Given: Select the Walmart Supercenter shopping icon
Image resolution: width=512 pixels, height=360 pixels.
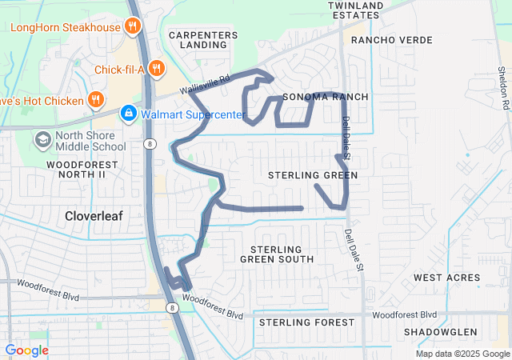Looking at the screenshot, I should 127,114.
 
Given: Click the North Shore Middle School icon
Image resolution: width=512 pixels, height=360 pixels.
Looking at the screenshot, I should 42,140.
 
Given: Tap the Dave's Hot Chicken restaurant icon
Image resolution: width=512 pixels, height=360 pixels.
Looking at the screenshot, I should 96,101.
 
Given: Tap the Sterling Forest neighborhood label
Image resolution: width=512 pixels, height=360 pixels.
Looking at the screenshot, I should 306,322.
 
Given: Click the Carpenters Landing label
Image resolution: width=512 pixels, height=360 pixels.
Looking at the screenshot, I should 203,40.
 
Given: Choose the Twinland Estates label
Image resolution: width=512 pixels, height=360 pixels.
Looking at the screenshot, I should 354,10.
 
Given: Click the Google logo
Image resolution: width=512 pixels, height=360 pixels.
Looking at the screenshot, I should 26,350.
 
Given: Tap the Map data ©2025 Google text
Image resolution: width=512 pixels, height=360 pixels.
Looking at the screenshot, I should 462,354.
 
